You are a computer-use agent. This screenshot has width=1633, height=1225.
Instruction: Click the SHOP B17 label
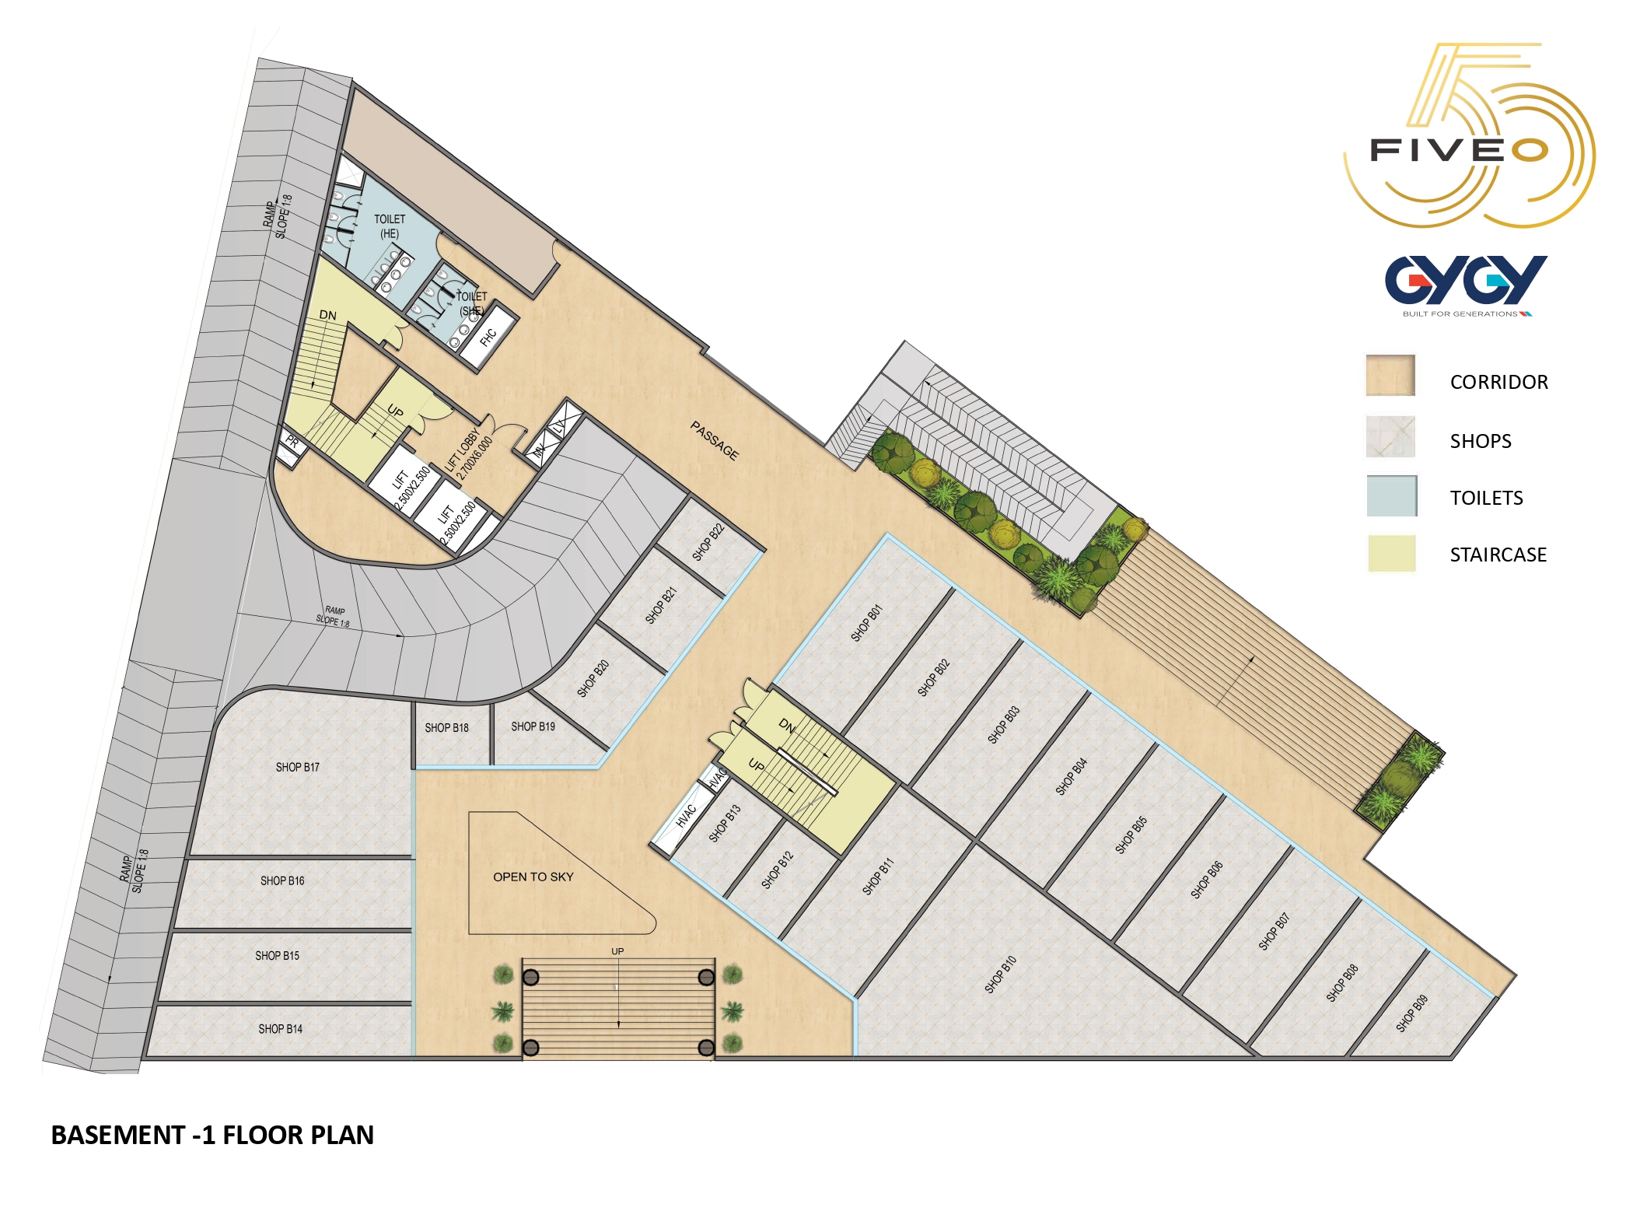pos(297,768)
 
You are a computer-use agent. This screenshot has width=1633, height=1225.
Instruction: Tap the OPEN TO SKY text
pos(533,877)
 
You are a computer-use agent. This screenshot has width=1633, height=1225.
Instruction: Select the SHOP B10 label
pos(1001,975)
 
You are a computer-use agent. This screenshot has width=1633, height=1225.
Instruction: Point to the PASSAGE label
pos(715,440)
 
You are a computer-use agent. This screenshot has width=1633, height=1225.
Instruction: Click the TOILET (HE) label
pos(390,226)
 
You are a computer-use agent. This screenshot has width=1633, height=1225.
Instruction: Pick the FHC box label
pos(488,338)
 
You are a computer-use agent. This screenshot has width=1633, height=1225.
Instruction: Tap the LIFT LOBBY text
pos(462,450)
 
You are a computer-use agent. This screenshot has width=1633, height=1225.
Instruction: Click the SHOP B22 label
pos(708,542)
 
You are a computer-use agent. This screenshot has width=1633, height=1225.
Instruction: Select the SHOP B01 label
pos(866,623)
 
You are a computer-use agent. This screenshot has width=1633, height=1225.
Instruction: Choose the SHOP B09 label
pos(1411,1013)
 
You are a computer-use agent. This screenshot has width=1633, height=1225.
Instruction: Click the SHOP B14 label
pos(281,1029)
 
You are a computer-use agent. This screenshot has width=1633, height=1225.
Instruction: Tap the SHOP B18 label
pos(447,728)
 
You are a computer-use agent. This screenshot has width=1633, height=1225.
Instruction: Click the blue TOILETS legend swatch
pos(1392,495)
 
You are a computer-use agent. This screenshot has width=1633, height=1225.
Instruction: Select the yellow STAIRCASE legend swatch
pos(1392,553)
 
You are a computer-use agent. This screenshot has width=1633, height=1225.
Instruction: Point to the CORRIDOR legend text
pos(1499,382)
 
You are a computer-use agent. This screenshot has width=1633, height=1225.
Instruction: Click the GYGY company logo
pos(1466,285)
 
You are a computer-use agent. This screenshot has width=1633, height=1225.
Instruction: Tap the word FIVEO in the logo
pos(1459,150)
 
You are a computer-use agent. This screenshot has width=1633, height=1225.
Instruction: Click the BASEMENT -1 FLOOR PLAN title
pos(212,1135)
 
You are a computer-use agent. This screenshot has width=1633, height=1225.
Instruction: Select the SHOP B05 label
pos(1131,835)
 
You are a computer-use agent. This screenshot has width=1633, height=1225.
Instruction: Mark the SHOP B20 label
pos(593,678)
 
